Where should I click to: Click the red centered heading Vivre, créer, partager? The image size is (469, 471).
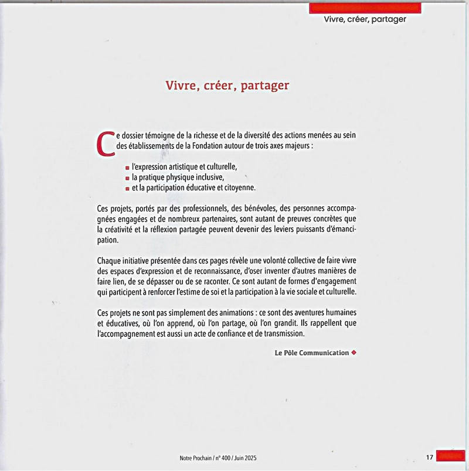(227, 86)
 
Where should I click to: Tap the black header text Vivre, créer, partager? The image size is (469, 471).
(365, 19)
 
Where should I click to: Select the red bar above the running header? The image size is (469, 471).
(365, 7)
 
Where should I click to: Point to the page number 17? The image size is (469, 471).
(429, 457)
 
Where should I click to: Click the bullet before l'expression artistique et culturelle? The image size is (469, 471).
(127, 168)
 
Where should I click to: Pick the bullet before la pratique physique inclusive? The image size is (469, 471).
(127, 178)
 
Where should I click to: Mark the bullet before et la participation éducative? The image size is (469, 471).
(127, 189)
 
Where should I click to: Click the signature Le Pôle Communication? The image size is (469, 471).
(311, 353)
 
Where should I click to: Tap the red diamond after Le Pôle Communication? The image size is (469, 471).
(354, 353)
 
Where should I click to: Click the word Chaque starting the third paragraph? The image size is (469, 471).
(109, 261)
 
